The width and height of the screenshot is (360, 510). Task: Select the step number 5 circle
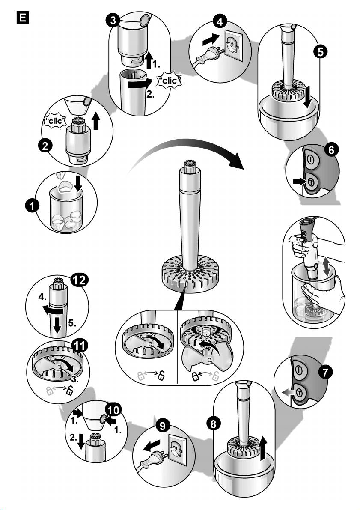point(320,52)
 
